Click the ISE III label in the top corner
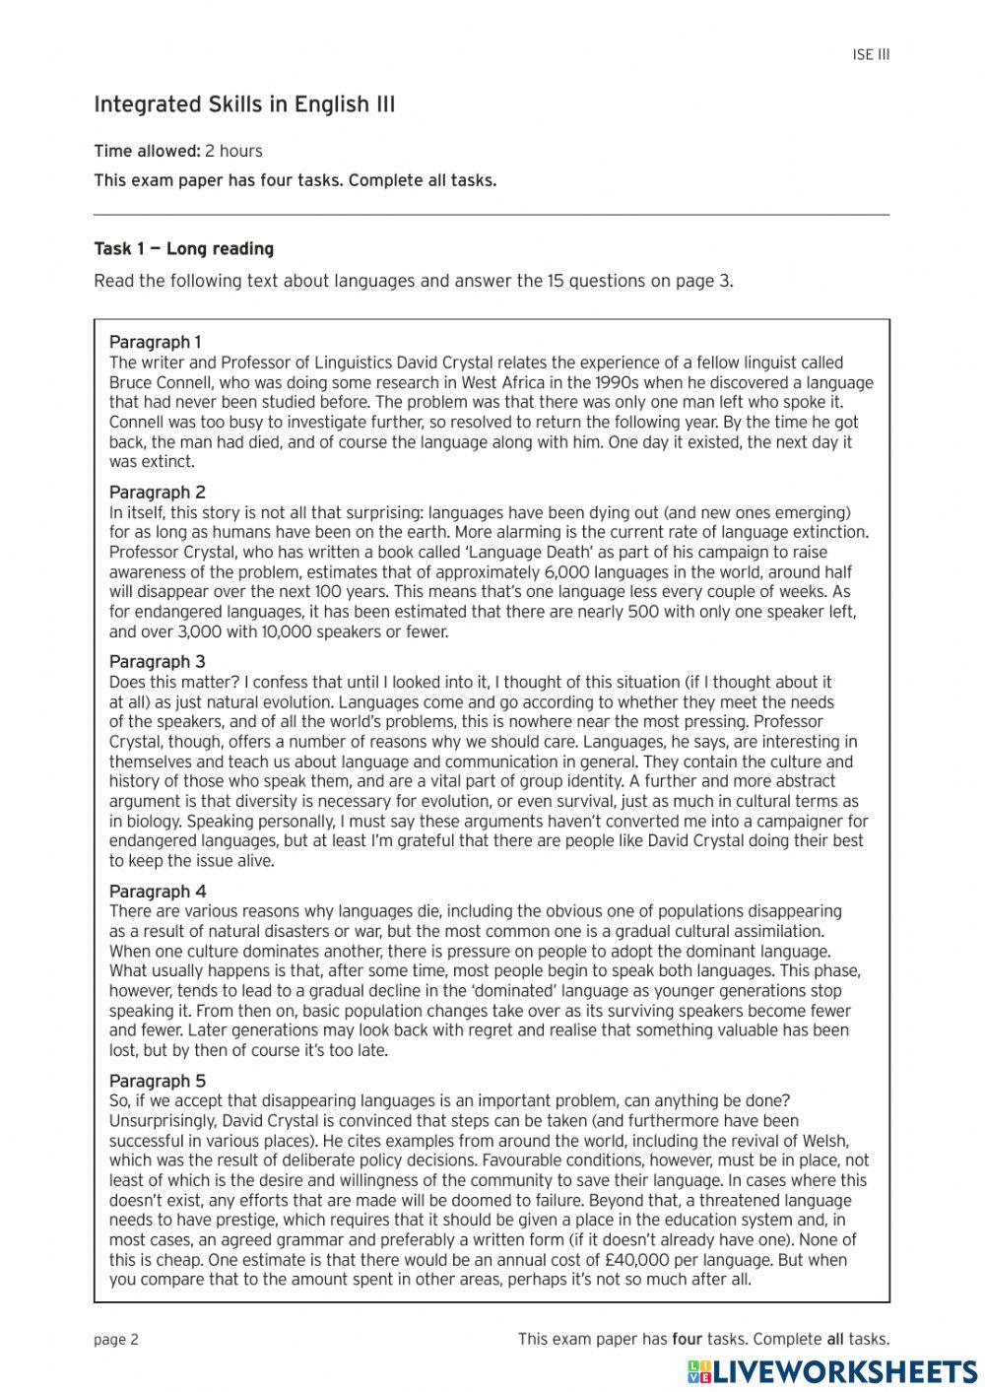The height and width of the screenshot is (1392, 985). coord(871,55)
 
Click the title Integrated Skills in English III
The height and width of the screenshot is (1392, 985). coord(244,104)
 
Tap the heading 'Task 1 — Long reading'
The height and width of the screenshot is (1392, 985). coord(183,248)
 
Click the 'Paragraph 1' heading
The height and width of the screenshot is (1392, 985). coord(155,342)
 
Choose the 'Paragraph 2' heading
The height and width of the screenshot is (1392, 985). coord(157,492)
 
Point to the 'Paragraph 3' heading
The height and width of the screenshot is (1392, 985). coord(157,661)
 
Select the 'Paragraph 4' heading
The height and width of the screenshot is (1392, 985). coord(157,891)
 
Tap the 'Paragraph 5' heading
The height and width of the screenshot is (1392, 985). coord(157,1081)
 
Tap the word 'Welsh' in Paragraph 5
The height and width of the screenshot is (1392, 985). coord(822,1141)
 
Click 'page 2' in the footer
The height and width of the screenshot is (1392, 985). coord(116,1339)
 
